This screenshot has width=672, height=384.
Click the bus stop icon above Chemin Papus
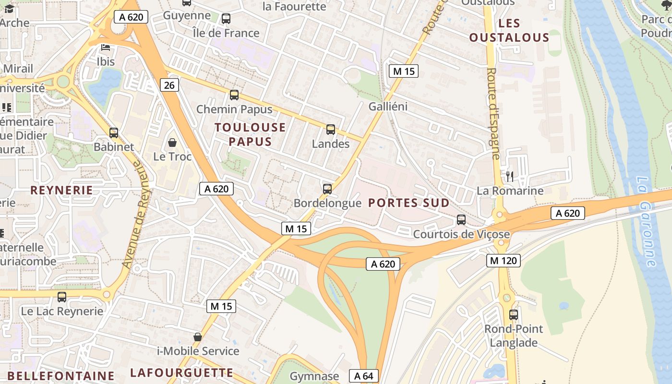(234, 95)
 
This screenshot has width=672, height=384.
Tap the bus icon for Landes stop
(331, 130)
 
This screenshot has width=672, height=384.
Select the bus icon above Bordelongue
(327, 189)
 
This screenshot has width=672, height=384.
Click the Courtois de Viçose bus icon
(461, 220)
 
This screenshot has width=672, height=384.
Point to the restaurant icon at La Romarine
(510, 177)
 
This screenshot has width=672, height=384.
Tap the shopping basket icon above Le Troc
(172, 143)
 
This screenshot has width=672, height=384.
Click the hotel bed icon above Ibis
(106, 48)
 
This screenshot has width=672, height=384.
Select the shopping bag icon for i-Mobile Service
(197, 337)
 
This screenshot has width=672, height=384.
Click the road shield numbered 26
(169, 85)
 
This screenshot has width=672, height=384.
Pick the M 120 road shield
(503, 261)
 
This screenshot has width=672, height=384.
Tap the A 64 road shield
(363, 376)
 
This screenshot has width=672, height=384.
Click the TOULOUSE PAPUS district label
(250, 134)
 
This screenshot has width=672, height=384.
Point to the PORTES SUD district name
(409, 203)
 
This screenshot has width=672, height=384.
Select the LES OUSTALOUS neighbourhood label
(509, 30)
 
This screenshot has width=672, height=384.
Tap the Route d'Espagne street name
(493, 113)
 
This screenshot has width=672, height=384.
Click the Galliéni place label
(388, 107)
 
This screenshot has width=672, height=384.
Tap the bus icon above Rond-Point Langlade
(514, 315)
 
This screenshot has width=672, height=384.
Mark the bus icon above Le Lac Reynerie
(62, 297)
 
